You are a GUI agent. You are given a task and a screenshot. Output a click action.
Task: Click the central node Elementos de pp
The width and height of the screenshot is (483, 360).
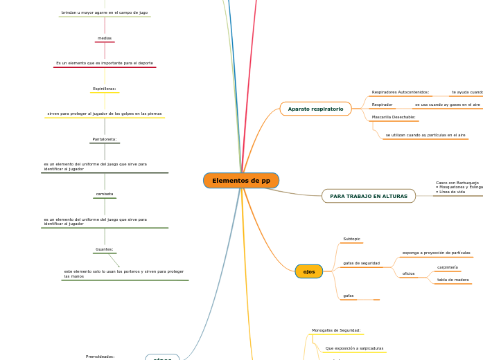tap(241, 181)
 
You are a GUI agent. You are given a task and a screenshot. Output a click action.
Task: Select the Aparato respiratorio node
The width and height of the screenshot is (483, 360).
tap(315, 109)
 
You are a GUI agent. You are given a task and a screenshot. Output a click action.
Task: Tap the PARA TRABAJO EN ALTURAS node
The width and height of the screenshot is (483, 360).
tap(368, 196)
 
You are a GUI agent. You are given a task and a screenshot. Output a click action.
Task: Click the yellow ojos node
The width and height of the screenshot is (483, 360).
tap(309, 271)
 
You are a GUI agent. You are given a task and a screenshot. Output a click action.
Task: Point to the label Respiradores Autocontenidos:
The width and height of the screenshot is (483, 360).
tap(400, 92)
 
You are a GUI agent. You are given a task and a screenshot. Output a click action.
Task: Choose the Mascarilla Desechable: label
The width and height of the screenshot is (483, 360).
tap(393, 117)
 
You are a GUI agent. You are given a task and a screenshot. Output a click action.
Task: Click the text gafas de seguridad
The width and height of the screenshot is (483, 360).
tap(361, 263)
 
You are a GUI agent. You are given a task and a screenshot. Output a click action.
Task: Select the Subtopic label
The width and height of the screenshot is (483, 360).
tap(351, 239)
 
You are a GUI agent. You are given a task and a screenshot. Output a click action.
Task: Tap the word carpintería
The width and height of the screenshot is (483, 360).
tap(447, 267)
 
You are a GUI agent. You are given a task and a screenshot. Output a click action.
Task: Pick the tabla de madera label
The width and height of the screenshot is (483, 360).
tap(453, 280)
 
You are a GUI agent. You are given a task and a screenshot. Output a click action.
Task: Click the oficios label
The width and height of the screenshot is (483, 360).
tap(408, 273)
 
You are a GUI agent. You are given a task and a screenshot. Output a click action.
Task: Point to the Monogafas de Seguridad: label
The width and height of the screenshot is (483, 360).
tap(335, 330)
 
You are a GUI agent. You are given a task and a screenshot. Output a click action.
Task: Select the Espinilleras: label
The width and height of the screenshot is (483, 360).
tap(104, 89)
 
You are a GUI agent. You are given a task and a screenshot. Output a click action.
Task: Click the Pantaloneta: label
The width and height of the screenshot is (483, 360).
tap(104, 139)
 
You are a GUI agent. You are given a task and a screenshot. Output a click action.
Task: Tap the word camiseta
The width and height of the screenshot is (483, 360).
tap(104, 194)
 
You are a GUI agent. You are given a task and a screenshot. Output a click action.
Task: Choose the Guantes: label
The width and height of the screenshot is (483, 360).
tap(104, 249)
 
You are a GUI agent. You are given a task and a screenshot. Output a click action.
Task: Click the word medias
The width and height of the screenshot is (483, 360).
tap(104, 38)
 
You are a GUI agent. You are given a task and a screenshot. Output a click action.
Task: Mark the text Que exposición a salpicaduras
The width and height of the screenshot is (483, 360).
tap(354, 348)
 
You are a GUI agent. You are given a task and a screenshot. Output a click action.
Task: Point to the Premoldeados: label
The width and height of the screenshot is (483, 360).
tap(100, 356)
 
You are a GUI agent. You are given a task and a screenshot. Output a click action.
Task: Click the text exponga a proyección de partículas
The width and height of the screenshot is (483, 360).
tap(436, 253)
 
